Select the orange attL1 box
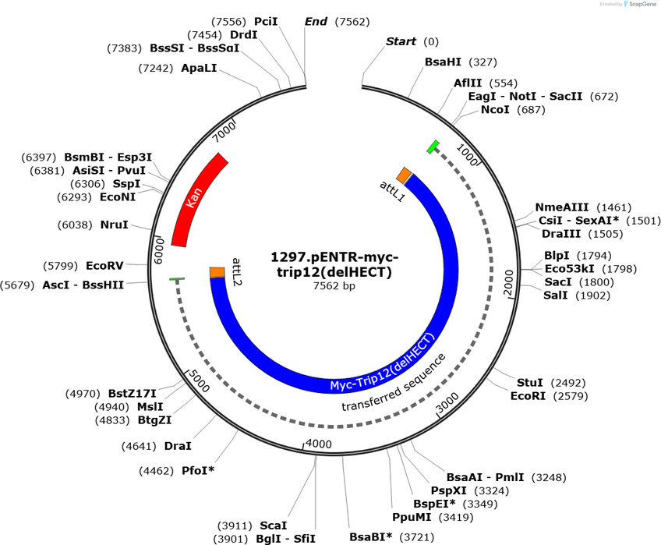404,174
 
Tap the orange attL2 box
217,272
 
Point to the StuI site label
530,383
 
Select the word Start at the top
401,41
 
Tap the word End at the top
316,22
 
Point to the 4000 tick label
319,444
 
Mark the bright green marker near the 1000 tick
433,146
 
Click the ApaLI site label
198,69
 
